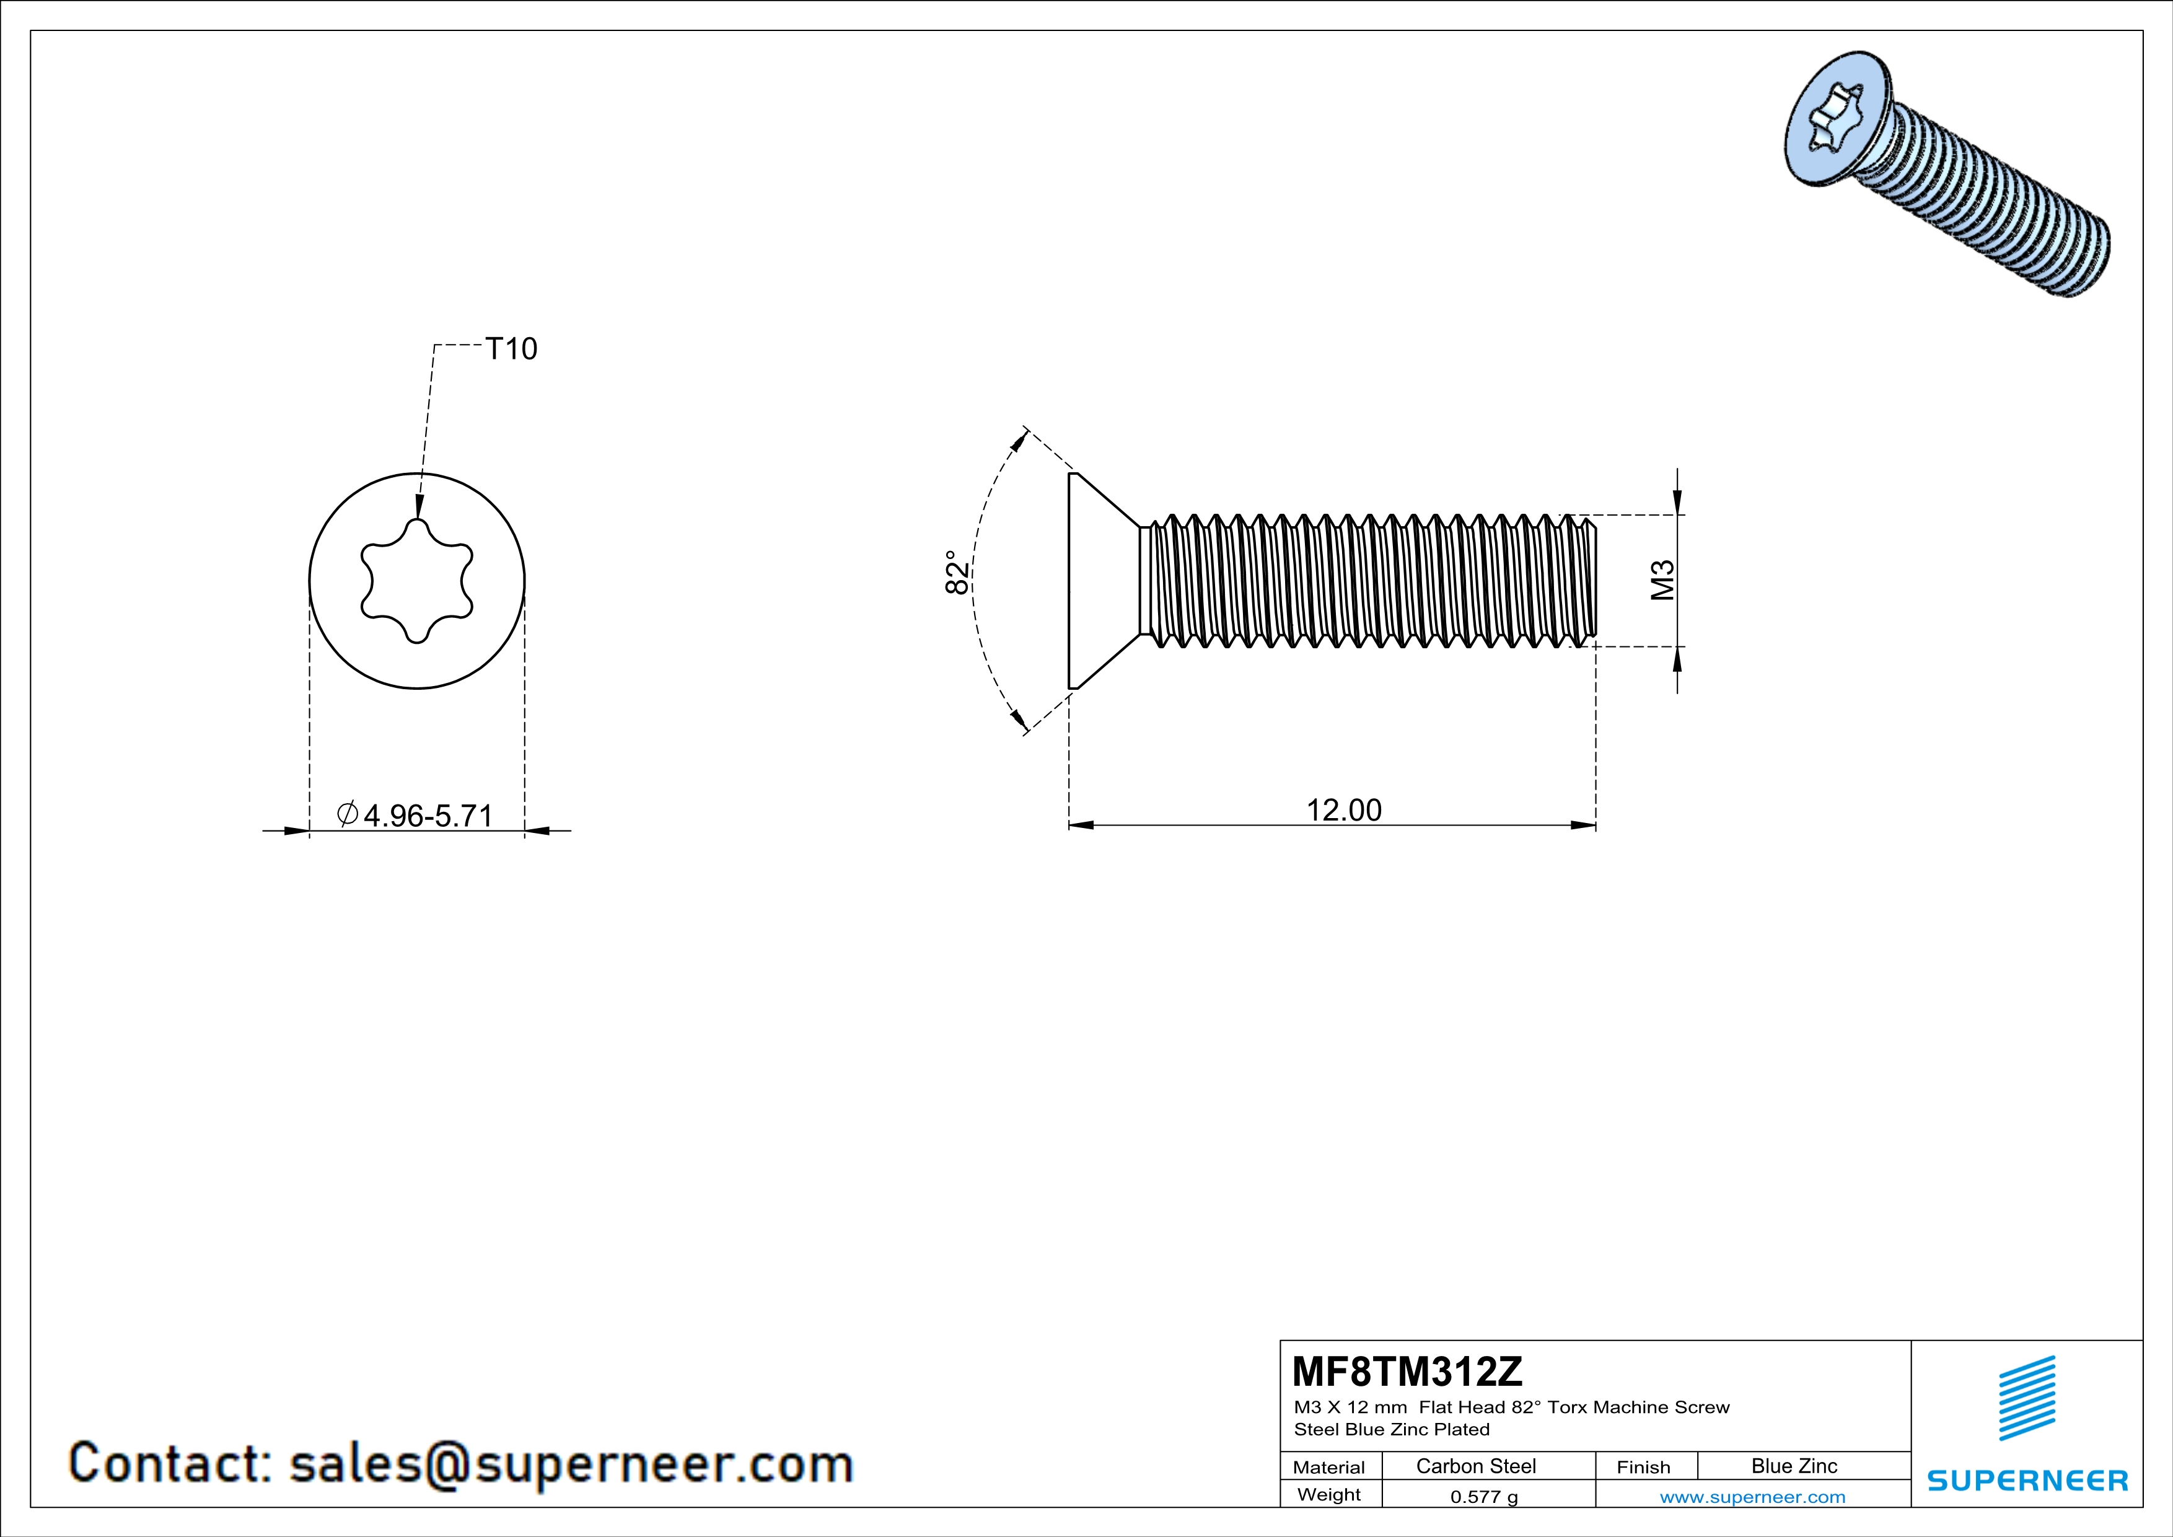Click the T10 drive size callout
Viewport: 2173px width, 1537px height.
coord(511,349)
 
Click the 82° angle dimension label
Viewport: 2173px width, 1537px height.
coord(957,573)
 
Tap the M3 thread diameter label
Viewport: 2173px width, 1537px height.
coord(1663,580)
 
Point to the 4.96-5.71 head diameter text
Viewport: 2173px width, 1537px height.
coord(428,815)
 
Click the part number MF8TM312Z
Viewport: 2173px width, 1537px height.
coord(1407,1372)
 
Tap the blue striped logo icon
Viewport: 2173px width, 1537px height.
coord(2027,1398)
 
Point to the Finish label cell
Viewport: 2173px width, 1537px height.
coord(1643,1467)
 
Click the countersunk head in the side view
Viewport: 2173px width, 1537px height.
coord(1098,580)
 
